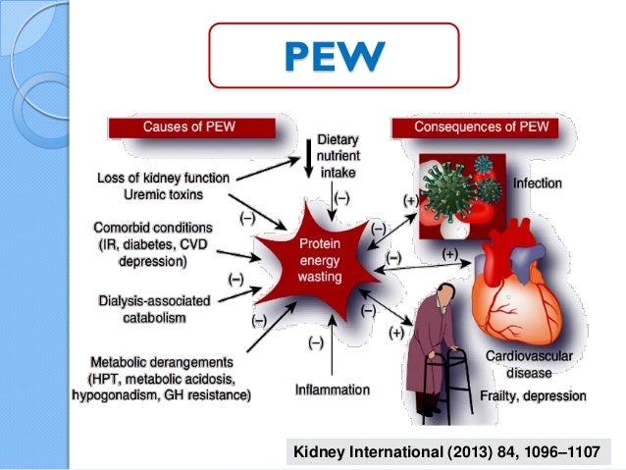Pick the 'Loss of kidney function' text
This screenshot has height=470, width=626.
[x=164, y=178]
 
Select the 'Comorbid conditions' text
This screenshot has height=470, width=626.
[x=155, y=228]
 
